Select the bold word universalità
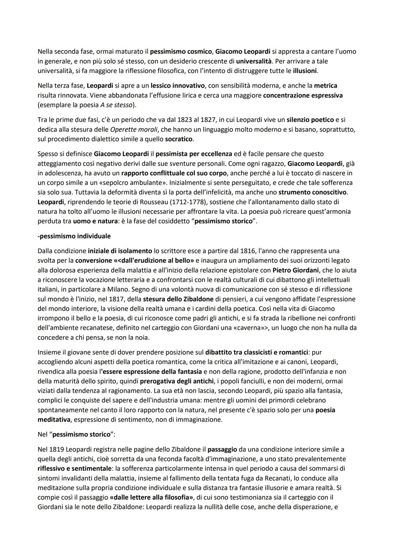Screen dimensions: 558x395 (x=255, y=61)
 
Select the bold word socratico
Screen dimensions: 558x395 (x=179, y=139)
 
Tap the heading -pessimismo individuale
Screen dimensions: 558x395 (x=74, y=236)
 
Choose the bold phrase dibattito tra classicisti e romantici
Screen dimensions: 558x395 (x=256, y=352)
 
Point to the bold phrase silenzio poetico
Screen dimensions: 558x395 (x=310, y=120)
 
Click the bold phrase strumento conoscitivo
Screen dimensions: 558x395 (x=313, y=192)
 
